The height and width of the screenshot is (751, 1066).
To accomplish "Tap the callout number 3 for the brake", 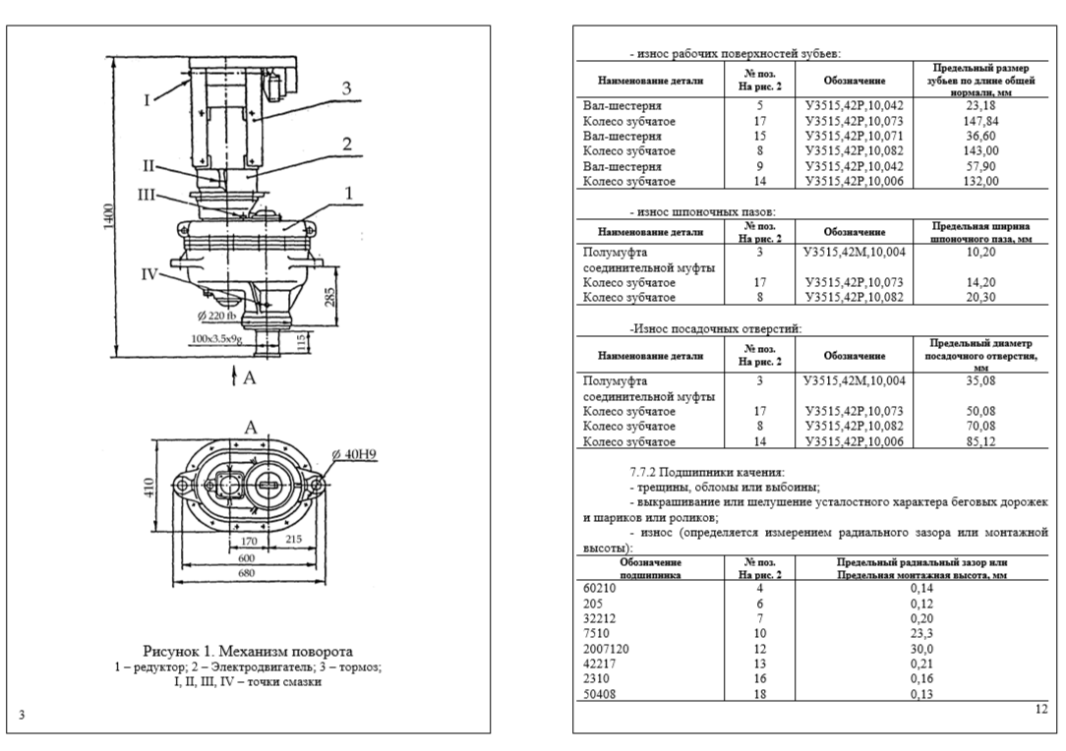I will (346, 88).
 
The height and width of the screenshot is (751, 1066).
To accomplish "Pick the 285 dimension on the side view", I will (330, 297).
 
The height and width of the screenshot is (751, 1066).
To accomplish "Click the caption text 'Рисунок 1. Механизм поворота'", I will (248, 651).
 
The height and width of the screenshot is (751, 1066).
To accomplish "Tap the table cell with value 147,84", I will (980, 121).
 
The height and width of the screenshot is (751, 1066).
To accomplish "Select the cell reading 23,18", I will (980, 105).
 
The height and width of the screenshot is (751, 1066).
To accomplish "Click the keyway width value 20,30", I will (980, 297).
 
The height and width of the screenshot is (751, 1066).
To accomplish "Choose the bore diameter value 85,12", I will (980, 441).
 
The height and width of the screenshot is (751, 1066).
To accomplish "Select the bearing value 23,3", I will (921, 634).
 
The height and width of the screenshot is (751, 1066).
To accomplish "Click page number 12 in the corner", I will (1041, 710).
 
